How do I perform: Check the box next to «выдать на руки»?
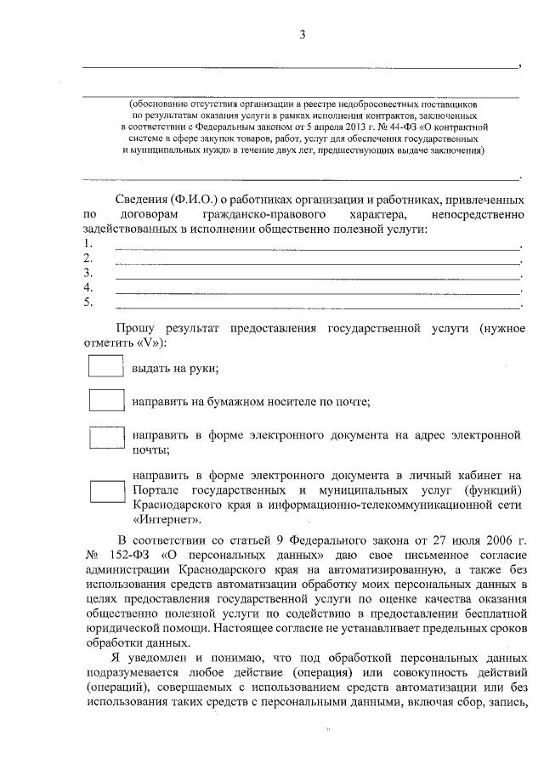[x=107, y=367]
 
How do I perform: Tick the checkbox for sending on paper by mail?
[x=107, y=401]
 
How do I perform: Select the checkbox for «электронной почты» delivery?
[x=107, y=437]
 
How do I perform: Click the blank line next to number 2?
[x=316, y=263]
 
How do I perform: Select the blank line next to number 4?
[x=316, y=291]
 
